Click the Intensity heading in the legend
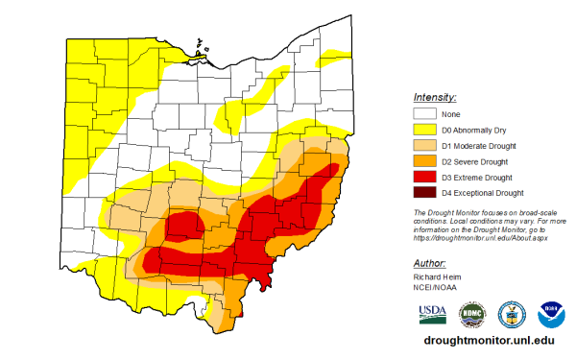(435, 98)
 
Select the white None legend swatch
(425, 113)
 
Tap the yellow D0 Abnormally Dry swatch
(425, 130)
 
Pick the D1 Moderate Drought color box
(425, 146)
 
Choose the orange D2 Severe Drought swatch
(425, 161)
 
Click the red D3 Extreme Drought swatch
(425, 178)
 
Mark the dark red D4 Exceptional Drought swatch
(425, 194)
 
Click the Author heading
(429, 263)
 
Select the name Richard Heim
(437, 277)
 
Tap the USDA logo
(432, 314)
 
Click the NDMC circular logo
(471, 314)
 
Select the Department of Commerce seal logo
(511, 314)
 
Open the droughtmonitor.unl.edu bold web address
(488, 340)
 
